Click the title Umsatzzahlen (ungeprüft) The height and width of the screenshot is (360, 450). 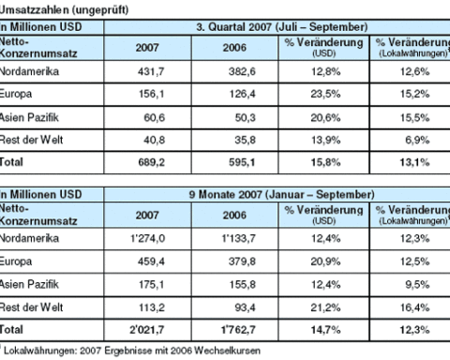click(x=64, y=9)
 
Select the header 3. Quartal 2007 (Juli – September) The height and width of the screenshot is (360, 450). click(x=282, y=27)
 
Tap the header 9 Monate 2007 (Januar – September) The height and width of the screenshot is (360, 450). click(x=282, y=195)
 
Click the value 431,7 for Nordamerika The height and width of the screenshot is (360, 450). click(x=151, y=72)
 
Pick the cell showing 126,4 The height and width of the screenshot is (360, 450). click(x=243, y=94)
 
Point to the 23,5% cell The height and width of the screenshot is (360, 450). click(x=325, y=94)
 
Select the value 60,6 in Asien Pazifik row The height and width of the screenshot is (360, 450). click(x=155, y=118)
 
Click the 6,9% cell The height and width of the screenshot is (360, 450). click(x=417, y=140)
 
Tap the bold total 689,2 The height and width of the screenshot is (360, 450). click(x=152, y=162)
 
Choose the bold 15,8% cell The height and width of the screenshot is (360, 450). click(x=325, y=162)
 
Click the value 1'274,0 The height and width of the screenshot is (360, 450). click(x=148, y=239)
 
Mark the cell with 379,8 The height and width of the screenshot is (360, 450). click(x=242, y=262)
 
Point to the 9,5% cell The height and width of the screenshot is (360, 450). click(x=417, y=285)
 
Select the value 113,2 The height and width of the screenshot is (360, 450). click(x=152, y=307)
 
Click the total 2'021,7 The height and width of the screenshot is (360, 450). click(x=147, y=330)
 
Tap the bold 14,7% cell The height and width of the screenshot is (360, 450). click(x=325, y=330)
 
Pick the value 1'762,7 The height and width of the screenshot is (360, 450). click(x=238, y=330)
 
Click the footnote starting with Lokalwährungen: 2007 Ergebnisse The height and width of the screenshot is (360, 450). click(x=132, y=351)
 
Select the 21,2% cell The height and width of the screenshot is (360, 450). click(x=325, y=307)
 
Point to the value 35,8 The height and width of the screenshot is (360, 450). click(x=246, y=140)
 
